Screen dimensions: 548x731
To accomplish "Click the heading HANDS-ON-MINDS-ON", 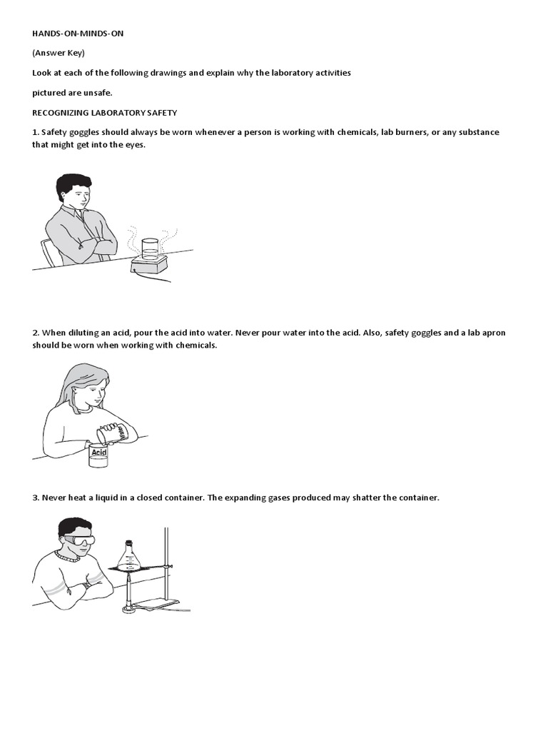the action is click(x=78, y=34).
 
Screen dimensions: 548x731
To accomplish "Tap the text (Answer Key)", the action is click(x=59, y=53).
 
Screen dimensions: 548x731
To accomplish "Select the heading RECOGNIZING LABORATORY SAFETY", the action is click(x=104, y=113).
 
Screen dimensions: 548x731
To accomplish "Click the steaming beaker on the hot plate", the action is click(x=150, y=249).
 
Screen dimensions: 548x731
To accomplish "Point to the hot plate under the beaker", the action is click(x=148, y=266).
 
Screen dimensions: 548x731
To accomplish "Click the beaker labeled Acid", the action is click(x=98, y=455).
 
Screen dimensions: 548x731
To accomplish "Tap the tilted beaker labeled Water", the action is click(x=112, y=434).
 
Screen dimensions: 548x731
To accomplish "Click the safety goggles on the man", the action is click(x=78, y=541).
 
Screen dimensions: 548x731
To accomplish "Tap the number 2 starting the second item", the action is click(x=36, y=333).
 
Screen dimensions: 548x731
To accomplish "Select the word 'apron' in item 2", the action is click(x=494, y=333).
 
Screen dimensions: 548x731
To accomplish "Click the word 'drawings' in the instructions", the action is click(x=168, y=74).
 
